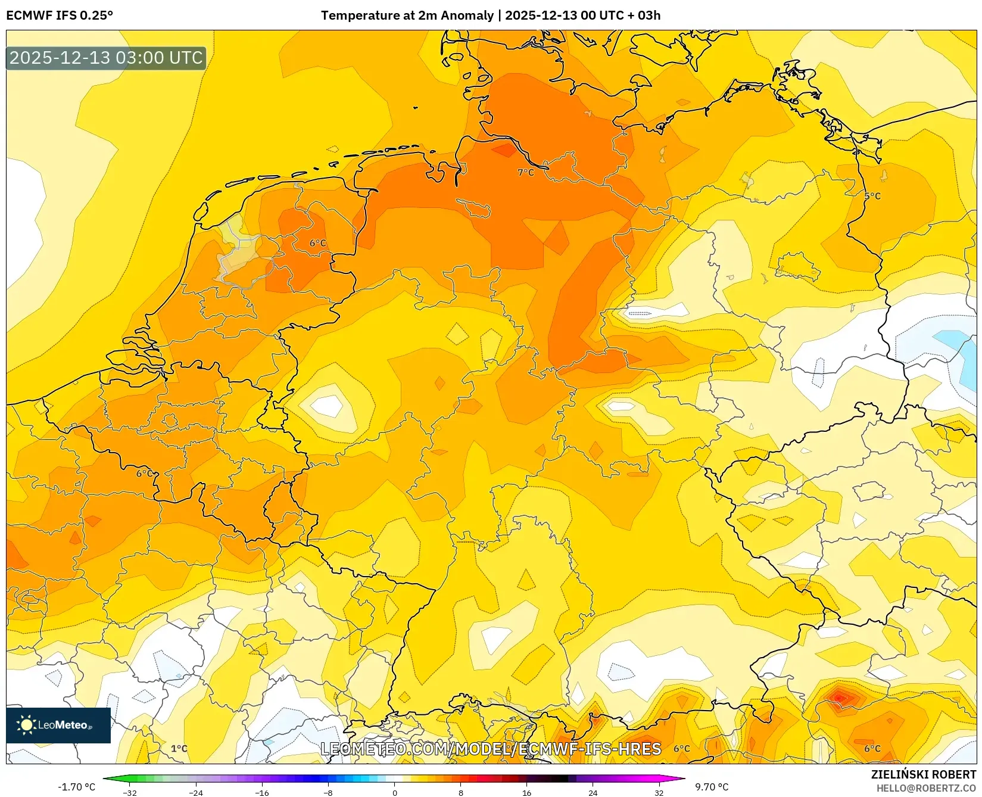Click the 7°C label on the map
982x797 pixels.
[525, 172]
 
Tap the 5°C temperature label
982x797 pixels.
[872, 196]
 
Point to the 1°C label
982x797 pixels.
[179, 749]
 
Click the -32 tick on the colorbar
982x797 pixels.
[130, 792]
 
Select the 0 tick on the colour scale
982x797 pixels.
[394, 792]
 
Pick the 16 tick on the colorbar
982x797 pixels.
[526, 792]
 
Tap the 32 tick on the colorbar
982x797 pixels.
[659, 792]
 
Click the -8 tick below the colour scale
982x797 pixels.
[328, 792]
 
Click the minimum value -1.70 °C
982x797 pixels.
[76, 787]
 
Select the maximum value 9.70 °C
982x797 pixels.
[712, 787]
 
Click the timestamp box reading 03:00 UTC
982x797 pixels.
[106, 58]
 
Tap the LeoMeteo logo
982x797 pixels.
[58, 725]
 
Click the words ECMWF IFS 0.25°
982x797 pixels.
[60, 15]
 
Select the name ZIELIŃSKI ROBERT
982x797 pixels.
[924, 774]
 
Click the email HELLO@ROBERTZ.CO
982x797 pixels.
[926, 788]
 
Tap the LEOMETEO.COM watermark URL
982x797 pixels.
[491, 749]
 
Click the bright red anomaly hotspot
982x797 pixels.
[839, 697]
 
